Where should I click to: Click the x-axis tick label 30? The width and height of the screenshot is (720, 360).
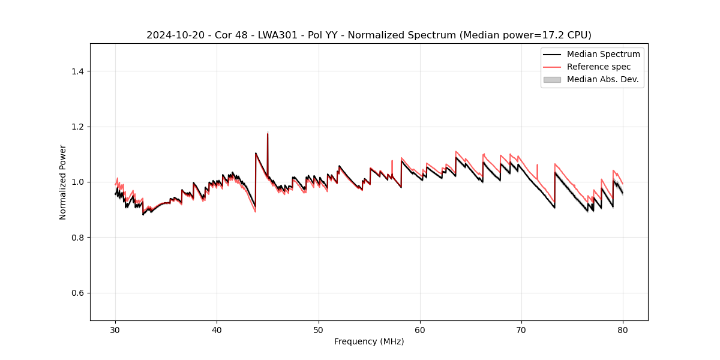point(115,330)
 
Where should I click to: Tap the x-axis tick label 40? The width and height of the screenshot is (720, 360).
point(217,330)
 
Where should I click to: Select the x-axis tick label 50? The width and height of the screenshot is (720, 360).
point(318,330)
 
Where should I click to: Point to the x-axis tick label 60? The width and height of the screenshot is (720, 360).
point(420,330)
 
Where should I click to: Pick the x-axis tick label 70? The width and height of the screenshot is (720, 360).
point(521,330)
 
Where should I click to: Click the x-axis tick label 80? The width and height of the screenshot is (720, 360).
point(623,330)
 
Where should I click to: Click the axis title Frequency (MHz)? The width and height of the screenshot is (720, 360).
point(369,341)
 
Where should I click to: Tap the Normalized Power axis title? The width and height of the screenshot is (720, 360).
point(63,182)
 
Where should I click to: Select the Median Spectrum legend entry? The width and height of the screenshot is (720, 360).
point(603,54)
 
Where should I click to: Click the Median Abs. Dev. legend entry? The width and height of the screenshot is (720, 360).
point(602,79)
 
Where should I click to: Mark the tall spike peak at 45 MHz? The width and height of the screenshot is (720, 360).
point(268,134)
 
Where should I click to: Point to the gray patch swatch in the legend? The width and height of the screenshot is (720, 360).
point(552,79)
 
